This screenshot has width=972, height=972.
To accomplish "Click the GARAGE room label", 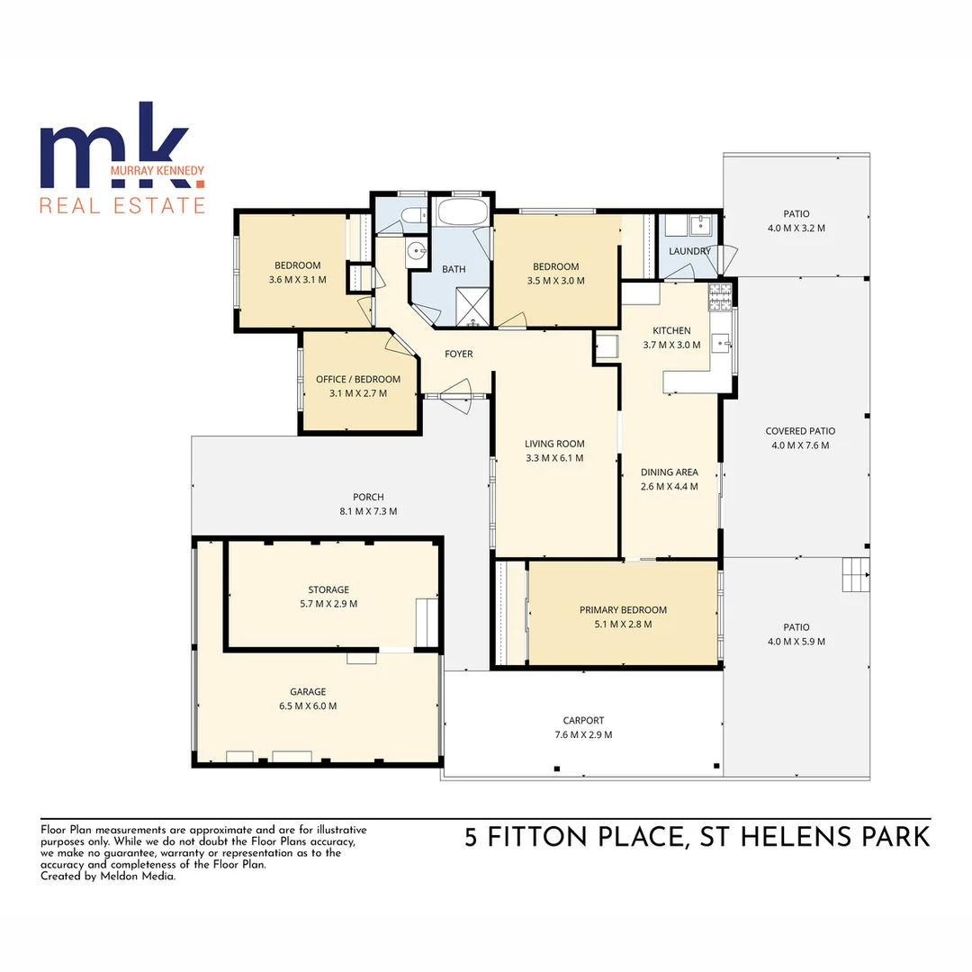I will (308, 691).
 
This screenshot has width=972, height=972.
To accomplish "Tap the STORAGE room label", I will (328, 589).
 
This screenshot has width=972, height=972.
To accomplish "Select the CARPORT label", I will (583, 720).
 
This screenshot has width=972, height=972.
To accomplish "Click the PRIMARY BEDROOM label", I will (623, 609).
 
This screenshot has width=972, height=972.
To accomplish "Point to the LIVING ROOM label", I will (554, 443).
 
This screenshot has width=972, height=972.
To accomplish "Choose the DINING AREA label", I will (669, 472).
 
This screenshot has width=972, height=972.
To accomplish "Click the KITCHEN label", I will (671, 330).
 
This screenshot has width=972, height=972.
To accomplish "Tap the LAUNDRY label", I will (689, 251).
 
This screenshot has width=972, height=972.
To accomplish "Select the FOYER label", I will (459, 354).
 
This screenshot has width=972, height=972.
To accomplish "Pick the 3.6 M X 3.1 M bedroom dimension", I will (297, 280).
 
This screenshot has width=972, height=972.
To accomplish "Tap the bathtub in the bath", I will (462, 214).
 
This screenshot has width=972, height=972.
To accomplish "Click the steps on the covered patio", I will (856, 573).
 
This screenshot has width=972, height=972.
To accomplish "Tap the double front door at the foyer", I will (457, 395).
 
